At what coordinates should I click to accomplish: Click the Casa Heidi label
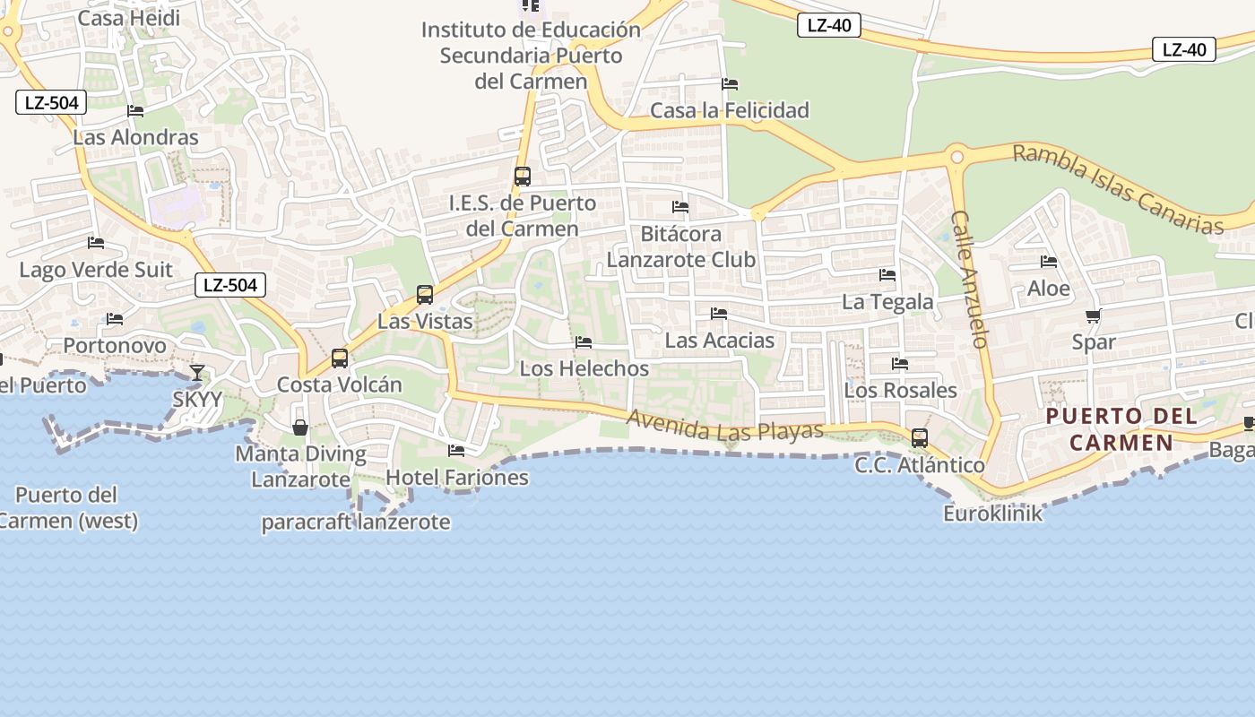click(128, 18)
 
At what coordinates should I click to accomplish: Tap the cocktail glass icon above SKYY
click(197, 373)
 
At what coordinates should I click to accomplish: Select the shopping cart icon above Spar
click(1093, 315)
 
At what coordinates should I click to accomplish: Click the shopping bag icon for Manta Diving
click(300, 428)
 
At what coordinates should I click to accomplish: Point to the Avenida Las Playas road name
click(724, 426)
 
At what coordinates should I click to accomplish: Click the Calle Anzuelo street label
click(969, 279)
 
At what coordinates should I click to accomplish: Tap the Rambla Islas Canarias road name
click(1118, 189)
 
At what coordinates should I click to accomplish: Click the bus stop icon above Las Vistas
click(425, 294)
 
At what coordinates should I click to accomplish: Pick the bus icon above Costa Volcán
click(340, 358)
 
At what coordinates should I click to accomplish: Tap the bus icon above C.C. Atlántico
click(920, 438)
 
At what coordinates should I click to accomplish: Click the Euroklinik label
click(993, 514)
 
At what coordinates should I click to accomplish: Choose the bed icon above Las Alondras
click(135, 111)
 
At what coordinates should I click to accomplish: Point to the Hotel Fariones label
click(457, 478)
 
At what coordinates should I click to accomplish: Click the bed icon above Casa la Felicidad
click(730, 84)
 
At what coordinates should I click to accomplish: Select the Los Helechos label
click(584, 368)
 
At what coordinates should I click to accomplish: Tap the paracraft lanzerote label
click(356, 522)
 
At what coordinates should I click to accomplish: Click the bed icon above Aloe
click(1049, 262)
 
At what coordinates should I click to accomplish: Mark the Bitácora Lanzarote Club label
click(681, 246)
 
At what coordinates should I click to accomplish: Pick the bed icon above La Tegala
click(887, 275)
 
